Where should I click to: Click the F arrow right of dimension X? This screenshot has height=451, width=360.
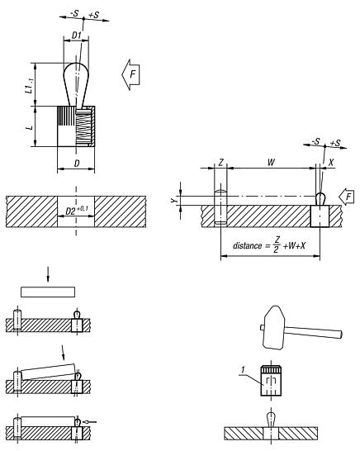(347, 197)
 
